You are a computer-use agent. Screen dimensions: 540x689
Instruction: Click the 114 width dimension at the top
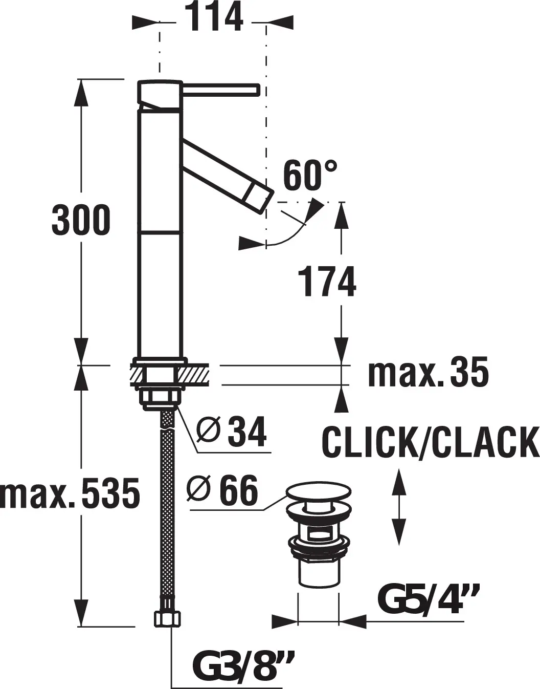214,16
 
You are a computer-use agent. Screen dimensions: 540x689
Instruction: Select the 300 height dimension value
81,220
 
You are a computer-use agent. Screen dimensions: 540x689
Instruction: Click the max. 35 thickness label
428,375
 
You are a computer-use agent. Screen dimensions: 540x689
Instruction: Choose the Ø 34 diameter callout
231,432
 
